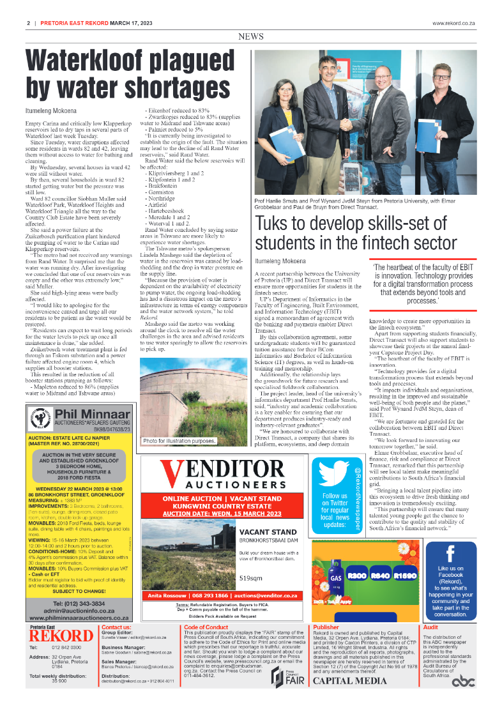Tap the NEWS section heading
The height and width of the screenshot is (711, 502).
251,37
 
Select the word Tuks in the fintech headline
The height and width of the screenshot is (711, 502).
275,225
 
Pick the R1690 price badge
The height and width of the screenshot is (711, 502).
405,576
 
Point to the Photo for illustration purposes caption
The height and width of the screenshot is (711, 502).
179,441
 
